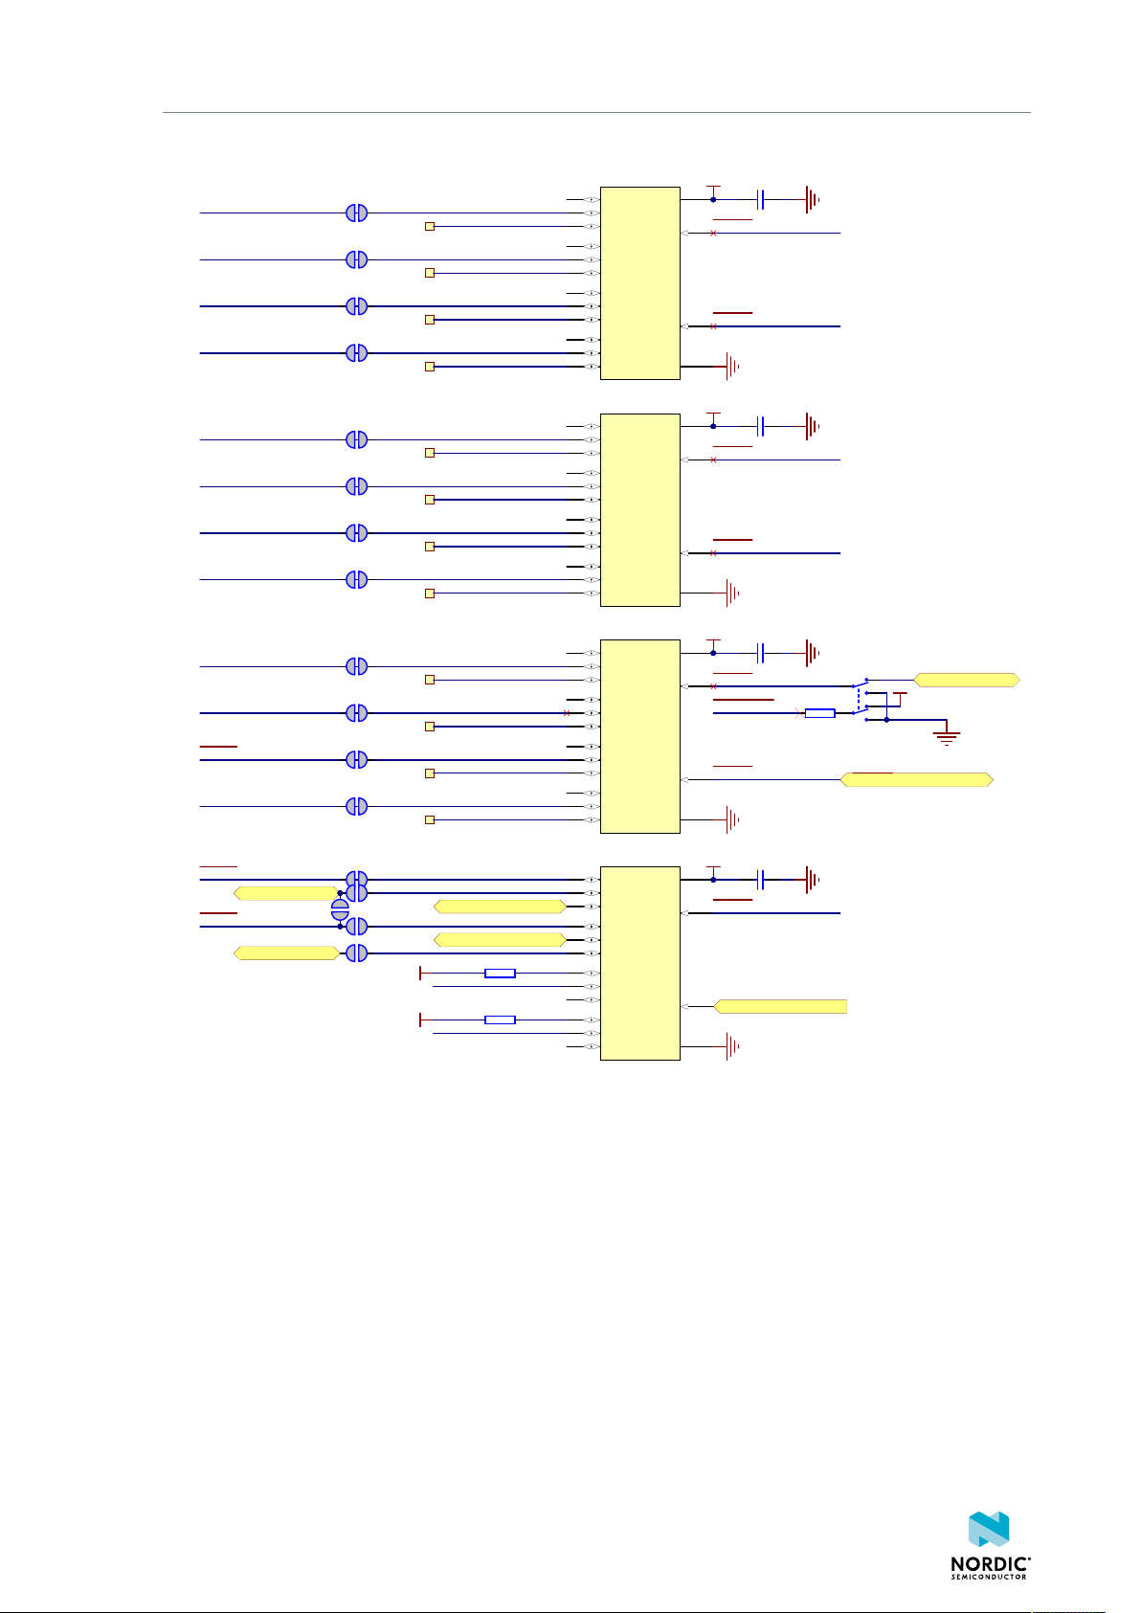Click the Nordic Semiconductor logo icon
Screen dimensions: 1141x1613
(990, 1530)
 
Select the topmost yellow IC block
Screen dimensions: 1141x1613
(639, 282)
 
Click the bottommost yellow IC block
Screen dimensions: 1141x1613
(639, 962)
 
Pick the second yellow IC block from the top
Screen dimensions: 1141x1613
(639, 509)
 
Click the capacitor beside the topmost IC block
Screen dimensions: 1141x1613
(761, 199)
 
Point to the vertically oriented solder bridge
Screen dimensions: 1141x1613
(340, 909)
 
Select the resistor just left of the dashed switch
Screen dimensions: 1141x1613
(819, 713)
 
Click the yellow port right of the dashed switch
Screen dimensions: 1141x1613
(967, 680)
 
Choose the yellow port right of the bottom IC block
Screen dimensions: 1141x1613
(780, 1006)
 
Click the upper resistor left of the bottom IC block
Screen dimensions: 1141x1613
(500, 974)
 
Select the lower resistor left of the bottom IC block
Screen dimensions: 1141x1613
(500, 1019)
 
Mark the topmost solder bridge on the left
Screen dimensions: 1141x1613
(356, 213)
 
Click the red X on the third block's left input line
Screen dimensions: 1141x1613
(568, 713)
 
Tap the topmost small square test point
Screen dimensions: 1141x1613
(430, 227)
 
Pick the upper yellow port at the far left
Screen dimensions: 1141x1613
(285, 893)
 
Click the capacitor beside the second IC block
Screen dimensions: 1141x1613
(761, 426)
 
